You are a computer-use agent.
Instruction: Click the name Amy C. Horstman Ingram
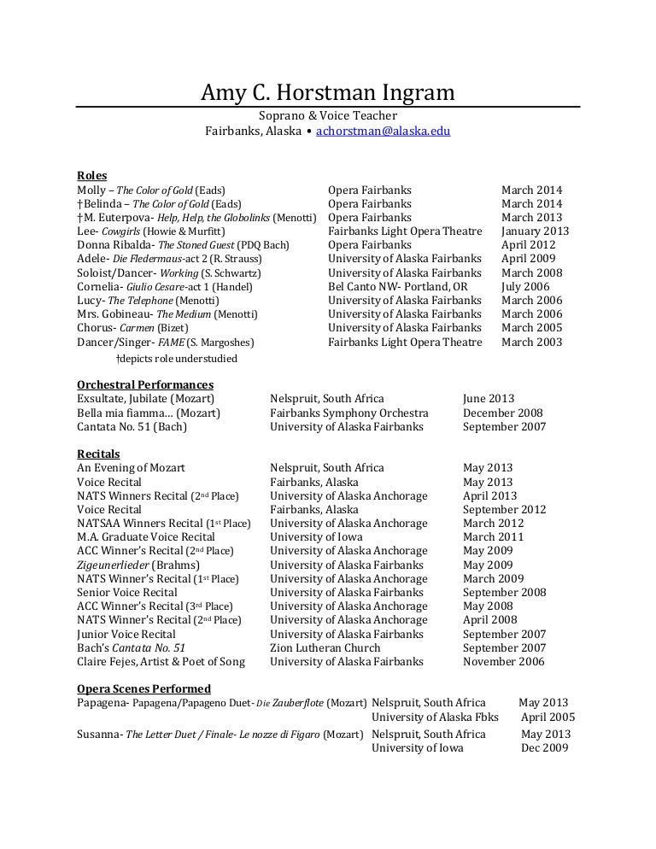point(328,91)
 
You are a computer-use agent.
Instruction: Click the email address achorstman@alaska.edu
point(383,132)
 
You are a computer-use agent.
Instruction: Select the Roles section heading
point(92,176)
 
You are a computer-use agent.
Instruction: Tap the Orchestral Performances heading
point(145,385)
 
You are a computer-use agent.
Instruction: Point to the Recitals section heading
point(98,454)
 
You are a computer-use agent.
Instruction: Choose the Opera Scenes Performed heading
point(143,688)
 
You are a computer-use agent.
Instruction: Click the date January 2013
point(535,231)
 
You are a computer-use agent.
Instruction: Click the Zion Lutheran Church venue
point(325,648)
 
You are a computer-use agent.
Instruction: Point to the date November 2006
point(504,662)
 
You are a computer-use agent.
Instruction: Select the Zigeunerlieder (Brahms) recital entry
point(138,565)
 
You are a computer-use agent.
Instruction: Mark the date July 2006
point(525,286)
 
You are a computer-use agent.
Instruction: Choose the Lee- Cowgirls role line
point(151,231)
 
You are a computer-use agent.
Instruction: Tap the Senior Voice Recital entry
point(126,593)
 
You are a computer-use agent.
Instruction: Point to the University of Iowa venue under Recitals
point(316,537)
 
